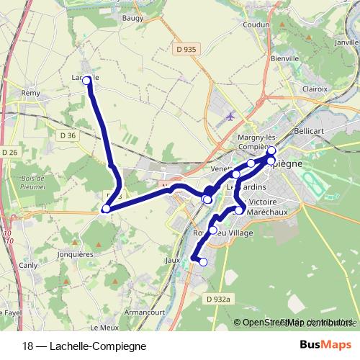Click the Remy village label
point(30,94)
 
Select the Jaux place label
point(172,260)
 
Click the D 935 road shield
point(186,49)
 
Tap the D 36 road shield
point(68,135)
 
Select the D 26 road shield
point(9,152)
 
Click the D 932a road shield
point(218,298)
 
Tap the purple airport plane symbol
point(230,116)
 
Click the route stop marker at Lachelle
point(87,81)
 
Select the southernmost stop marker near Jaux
point(203,262)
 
